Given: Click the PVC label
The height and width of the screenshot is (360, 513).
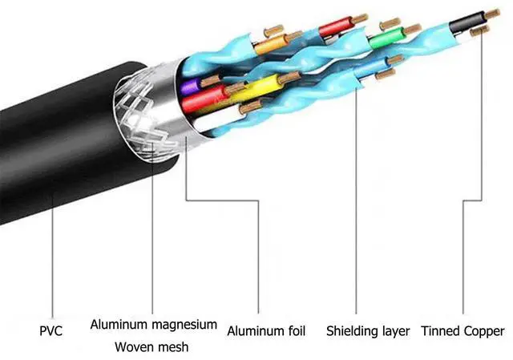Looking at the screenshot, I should pos(52,330).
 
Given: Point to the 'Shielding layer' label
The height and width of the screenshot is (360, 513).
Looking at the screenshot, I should pos(368,330).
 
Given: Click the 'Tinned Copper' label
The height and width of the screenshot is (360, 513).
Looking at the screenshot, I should pos(463,330).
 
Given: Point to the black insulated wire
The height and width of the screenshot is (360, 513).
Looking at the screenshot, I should pos(465,20).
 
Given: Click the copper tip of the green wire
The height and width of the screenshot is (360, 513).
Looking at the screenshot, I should pos(411,30).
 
